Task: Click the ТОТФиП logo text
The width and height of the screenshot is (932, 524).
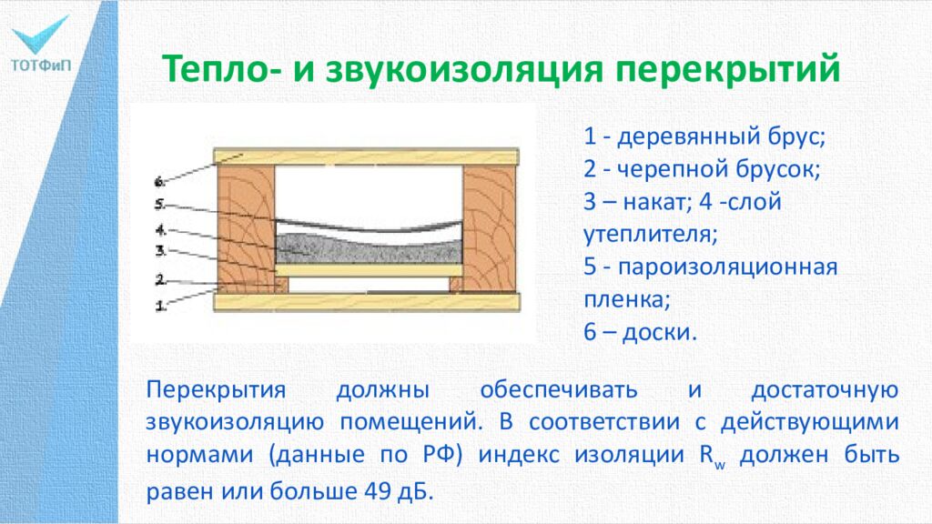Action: click(x=43, y=65)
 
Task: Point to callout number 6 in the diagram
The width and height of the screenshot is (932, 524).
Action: click(x=159, y=181)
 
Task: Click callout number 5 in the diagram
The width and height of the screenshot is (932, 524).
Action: click(x=159, y=204)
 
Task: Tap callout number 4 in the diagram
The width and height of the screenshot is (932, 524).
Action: click(x=159, y=229)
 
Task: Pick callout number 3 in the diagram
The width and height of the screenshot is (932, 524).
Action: click(x=159, y=249)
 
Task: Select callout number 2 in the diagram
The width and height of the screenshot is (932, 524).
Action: click(x=159, y=279)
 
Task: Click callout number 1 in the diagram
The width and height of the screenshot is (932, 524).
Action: click(x=160, y=307)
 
